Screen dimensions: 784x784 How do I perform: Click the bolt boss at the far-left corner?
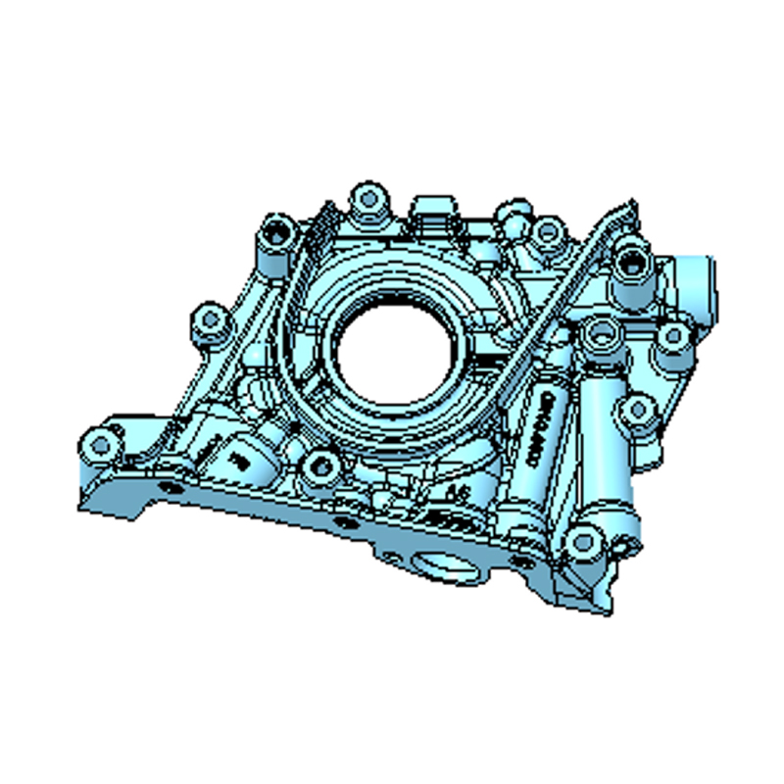tap(101, 440)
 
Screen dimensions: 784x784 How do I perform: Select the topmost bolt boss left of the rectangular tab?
tap(369, 200)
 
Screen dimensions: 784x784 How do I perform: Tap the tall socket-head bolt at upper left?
tap(277, 235)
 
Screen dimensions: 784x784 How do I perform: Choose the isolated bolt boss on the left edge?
tap(208, 318)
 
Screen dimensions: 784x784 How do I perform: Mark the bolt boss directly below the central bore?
tap(319, 465)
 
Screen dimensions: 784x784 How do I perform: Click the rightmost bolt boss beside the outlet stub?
tap(673, 335)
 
